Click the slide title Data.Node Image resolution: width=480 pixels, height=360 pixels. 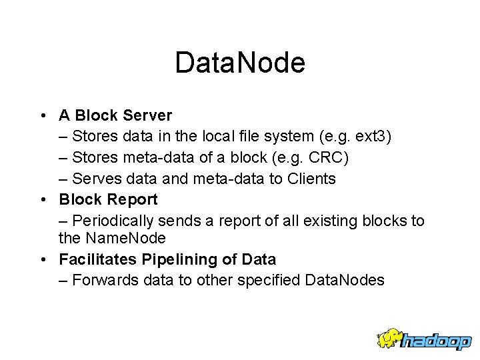coord(240,63)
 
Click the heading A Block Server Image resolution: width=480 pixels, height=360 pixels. coord(115,116)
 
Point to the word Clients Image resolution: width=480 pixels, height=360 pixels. coord(311,179)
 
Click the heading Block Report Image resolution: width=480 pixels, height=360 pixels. coord(108,199)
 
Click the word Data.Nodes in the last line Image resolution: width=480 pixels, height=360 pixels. coord(344,280)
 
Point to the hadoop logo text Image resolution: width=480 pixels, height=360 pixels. coord(436,341)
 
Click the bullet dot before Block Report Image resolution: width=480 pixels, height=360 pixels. coord(43,200)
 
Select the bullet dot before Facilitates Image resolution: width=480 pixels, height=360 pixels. coord(43,259)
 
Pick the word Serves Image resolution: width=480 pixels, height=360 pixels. coord(93,179)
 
